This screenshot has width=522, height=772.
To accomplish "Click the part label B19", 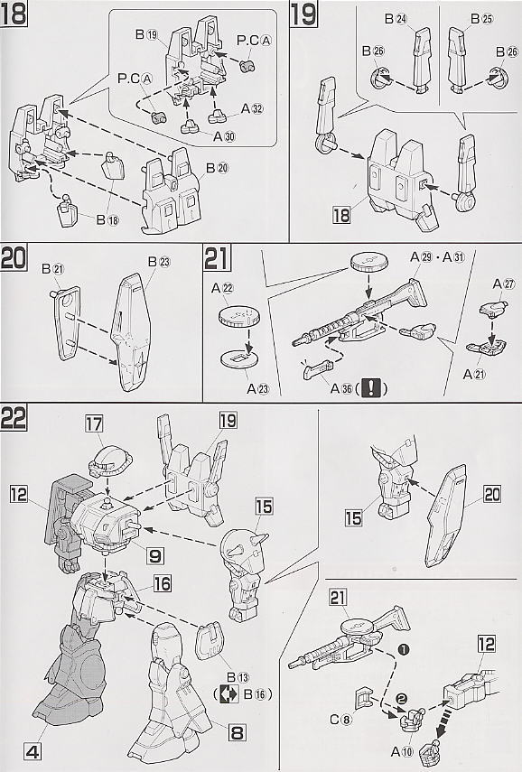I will click(x=146, y=33).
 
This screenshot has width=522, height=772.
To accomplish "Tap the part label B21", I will click(x=53, y=268).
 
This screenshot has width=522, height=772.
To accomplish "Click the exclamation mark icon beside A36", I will click(x=373, y=389).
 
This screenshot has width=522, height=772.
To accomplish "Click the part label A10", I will click(x=399, y=739).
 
